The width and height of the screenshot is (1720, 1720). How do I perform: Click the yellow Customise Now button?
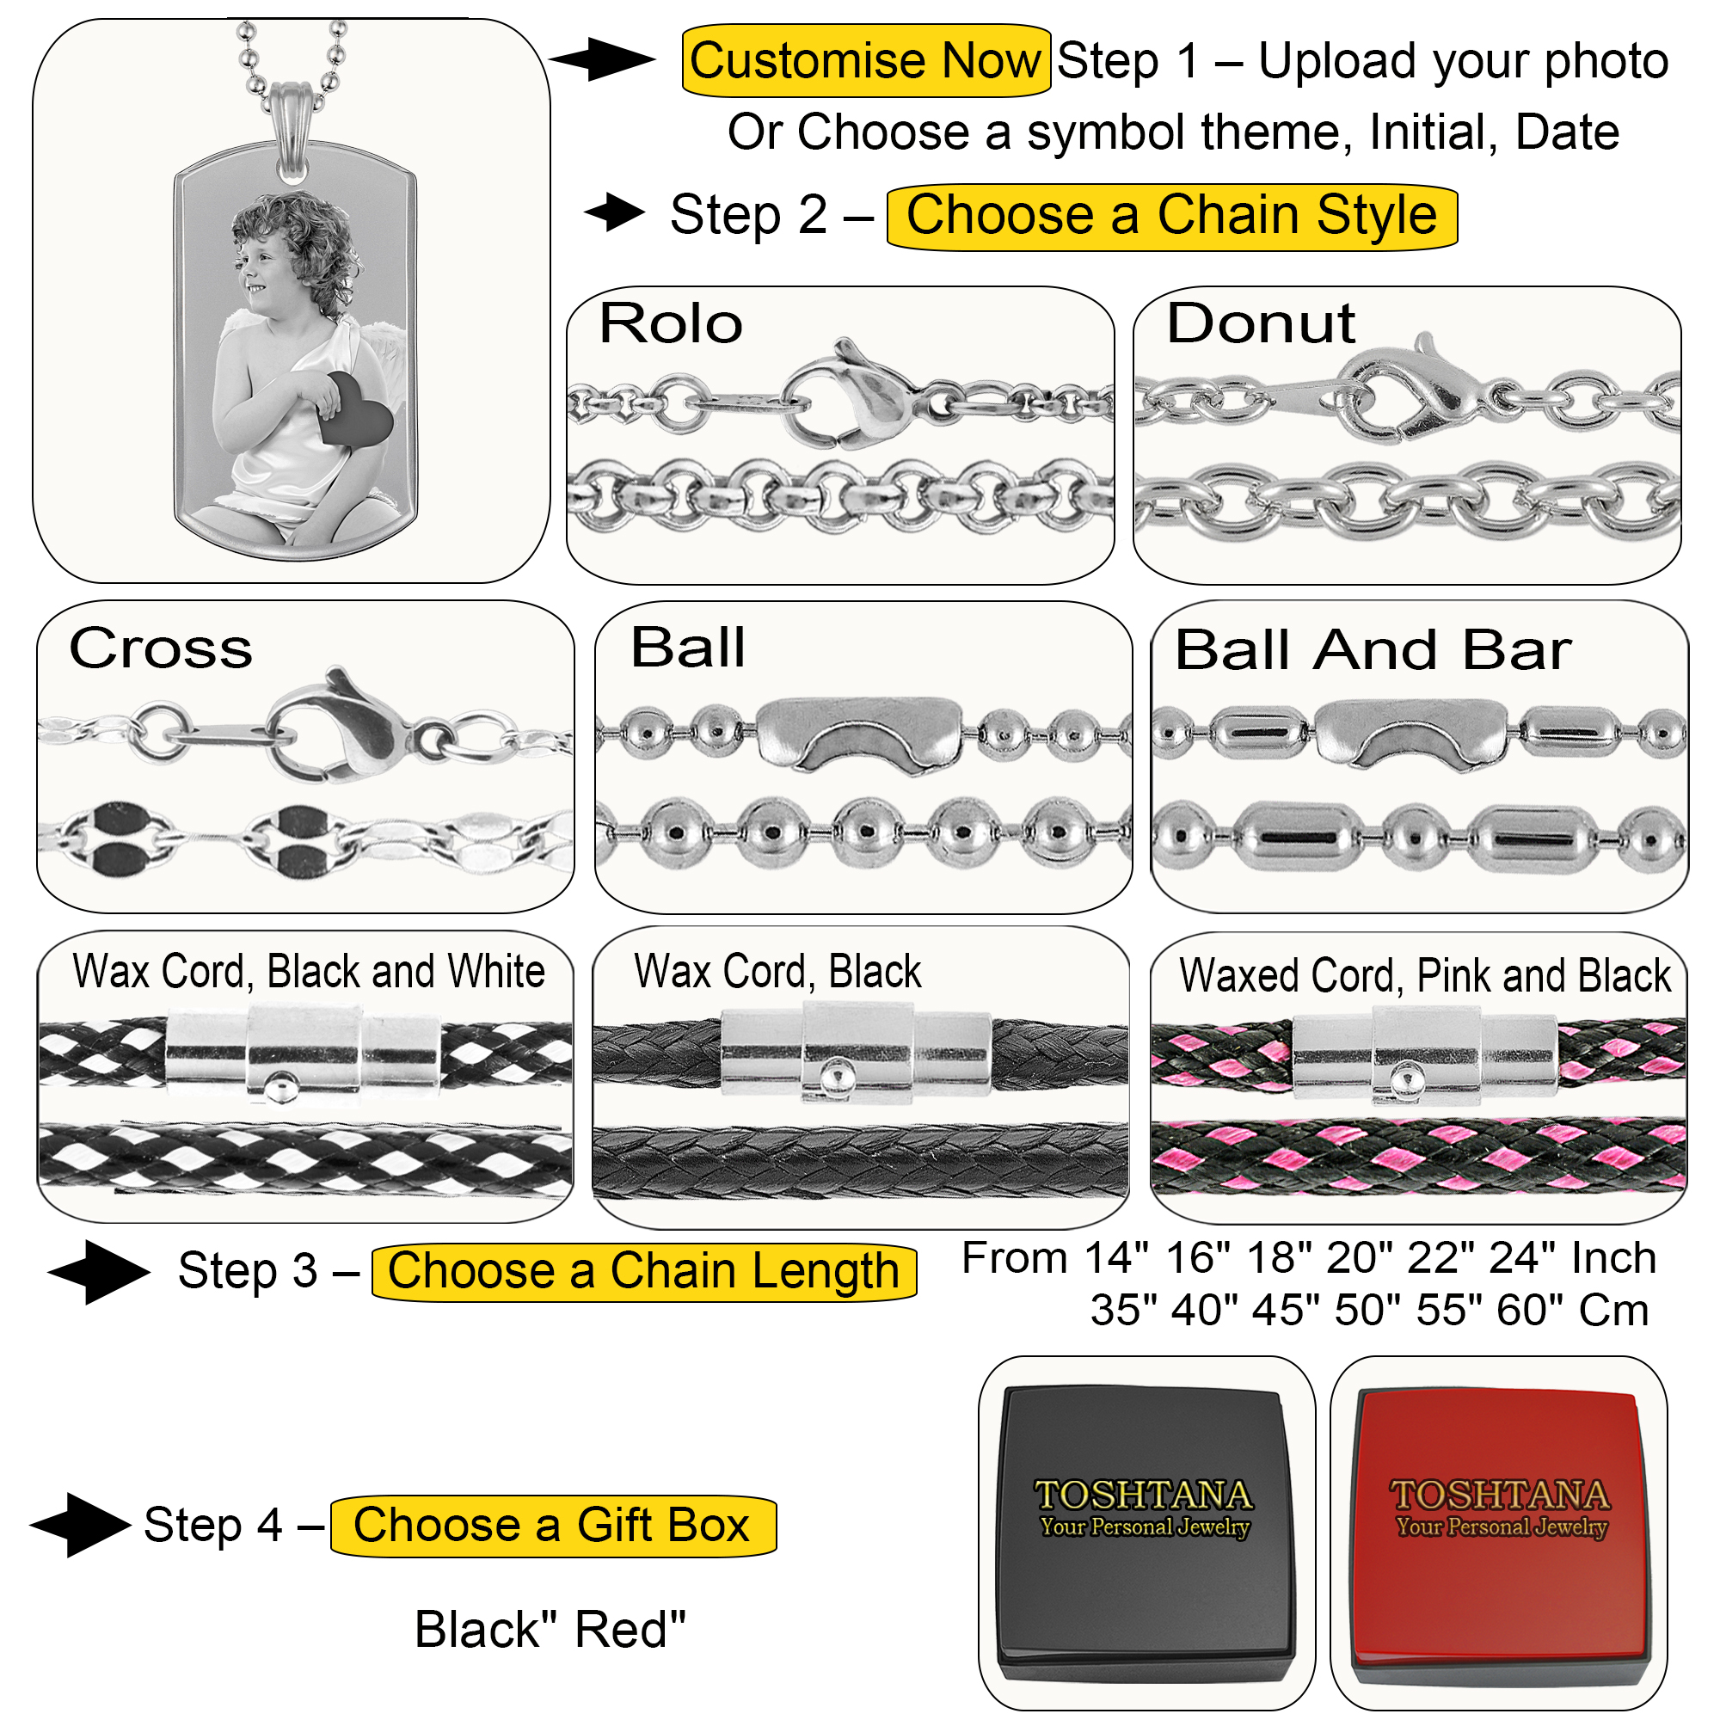[x=865, y=60]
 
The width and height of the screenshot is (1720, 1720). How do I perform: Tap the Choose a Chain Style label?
[x=1170, y=217]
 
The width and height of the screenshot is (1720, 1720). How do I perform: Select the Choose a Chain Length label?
[x=642, y=1271]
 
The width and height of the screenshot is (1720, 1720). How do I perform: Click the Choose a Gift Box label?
[x=552, y=1525]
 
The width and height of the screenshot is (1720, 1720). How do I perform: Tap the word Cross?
[x=161, y=648]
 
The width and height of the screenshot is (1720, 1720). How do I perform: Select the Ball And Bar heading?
[x=1372, y=650]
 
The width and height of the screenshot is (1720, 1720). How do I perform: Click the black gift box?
[x=1145, y=1532]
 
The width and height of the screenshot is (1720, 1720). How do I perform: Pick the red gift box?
[x=1499, y=1532]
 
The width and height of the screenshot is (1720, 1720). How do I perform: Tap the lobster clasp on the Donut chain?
[x=1416, y=391]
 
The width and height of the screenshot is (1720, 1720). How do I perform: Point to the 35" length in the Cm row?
[x=1123, y=1311]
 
